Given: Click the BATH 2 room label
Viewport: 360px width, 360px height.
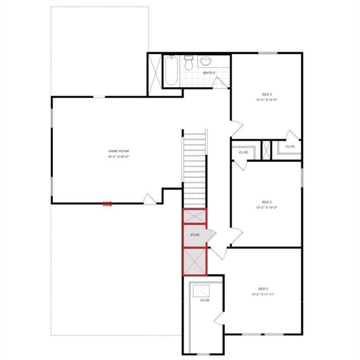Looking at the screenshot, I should coord(209,73).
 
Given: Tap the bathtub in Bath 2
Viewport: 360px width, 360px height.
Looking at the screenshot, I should coord(171,72).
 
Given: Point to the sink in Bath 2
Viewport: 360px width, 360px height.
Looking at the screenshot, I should coord(206,61).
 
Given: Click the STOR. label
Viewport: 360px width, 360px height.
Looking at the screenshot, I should coord(195,234).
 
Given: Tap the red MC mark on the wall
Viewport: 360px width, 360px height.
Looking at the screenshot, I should coord(108,203).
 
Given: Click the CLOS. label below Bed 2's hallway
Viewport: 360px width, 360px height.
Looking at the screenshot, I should coord(204,300).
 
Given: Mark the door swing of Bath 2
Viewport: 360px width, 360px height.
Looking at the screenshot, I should coord(219,82).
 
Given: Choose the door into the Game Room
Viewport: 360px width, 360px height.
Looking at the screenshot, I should coord(149,199).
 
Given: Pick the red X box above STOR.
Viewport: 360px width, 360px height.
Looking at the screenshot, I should coord(194,216).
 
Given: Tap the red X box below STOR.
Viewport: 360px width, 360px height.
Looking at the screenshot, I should coord(194,261).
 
